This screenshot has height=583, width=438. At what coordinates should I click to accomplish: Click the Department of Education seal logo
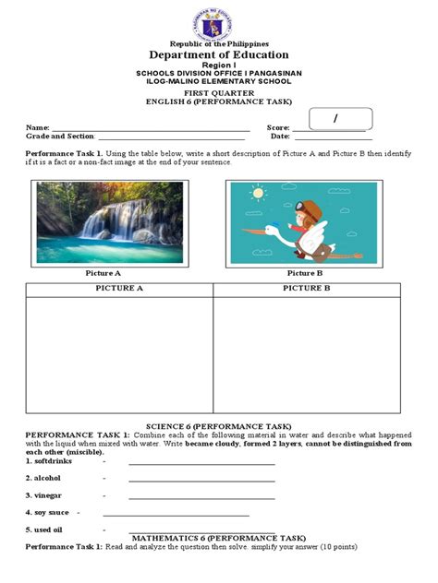point(219,20)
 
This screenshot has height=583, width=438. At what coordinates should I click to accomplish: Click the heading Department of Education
point(219,55)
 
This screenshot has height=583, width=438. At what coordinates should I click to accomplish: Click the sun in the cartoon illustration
point(257,195)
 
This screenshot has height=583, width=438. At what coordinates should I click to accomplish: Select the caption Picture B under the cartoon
point(304,273)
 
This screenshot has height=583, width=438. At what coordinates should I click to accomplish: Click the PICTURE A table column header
point(120,289)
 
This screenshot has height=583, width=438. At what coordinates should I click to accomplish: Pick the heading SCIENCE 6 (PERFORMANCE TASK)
point(219,425)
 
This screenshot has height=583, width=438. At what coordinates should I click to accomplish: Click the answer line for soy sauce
point(176,515)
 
